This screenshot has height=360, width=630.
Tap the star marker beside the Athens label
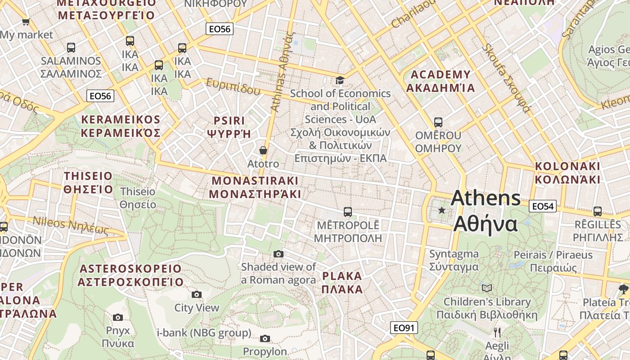[x=442, y=210]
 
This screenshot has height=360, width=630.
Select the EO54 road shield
[x=543, y=206]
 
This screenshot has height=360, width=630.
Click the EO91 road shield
[x=404, y=328]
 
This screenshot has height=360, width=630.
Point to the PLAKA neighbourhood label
[x=342, y=283]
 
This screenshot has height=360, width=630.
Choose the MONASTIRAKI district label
[x=255, y=187]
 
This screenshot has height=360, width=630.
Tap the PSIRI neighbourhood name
[x=229, y=127]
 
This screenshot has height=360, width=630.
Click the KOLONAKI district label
[x=567, y=173]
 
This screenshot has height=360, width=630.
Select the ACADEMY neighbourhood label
[x=441, y=81]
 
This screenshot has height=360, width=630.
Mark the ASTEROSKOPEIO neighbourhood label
[x=130, y=275]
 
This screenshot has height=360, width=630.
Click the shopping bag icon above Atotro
[x=263, y=150]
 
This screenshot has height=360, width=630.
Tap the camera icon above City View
[x=197, y=294]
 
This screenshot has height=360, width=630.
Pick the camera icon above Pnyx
[x=118, y=317]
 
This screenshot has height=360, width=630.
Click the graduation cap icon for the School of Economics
[x=340, y=80]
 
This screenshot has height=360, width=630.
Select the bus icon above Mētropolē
[x=347, y=211]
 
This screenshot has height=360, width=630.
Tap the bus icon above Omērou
[x=438, y=122]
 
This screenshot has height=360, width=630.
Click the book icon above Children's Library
[x=486, y=288]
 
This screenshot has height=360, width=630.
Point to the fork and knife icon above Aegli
[x=497, y=333]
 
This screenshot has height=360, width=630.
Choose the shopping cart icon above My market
[x=26, y=22]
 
